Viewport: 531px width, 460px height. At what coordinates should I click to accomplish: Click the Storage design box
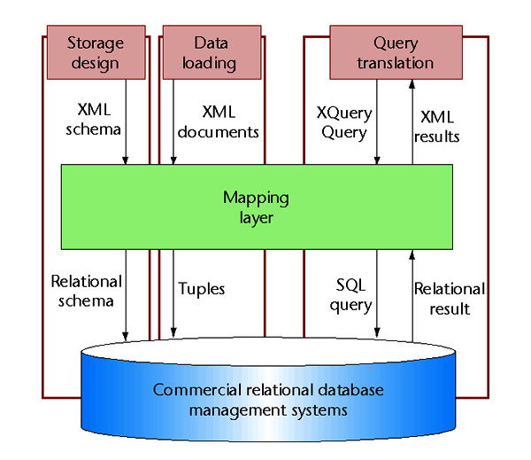point(96,52)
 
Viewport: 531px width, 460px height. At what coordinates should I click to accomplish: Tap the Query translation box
point(395,52)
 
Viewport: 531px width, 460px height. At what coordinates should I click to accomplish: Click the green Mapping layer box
point(256,207)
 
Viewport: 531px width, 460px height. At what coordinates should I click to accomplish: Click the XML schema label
point(94,121)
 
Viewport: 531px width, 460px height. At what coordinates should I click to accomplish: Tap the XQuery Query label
point(343,122)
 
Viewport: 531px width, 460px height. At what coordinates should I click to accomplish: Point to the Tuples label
point(202,289)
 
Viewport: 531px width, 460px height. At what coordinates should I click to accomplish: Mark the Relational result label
point(450,299)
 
